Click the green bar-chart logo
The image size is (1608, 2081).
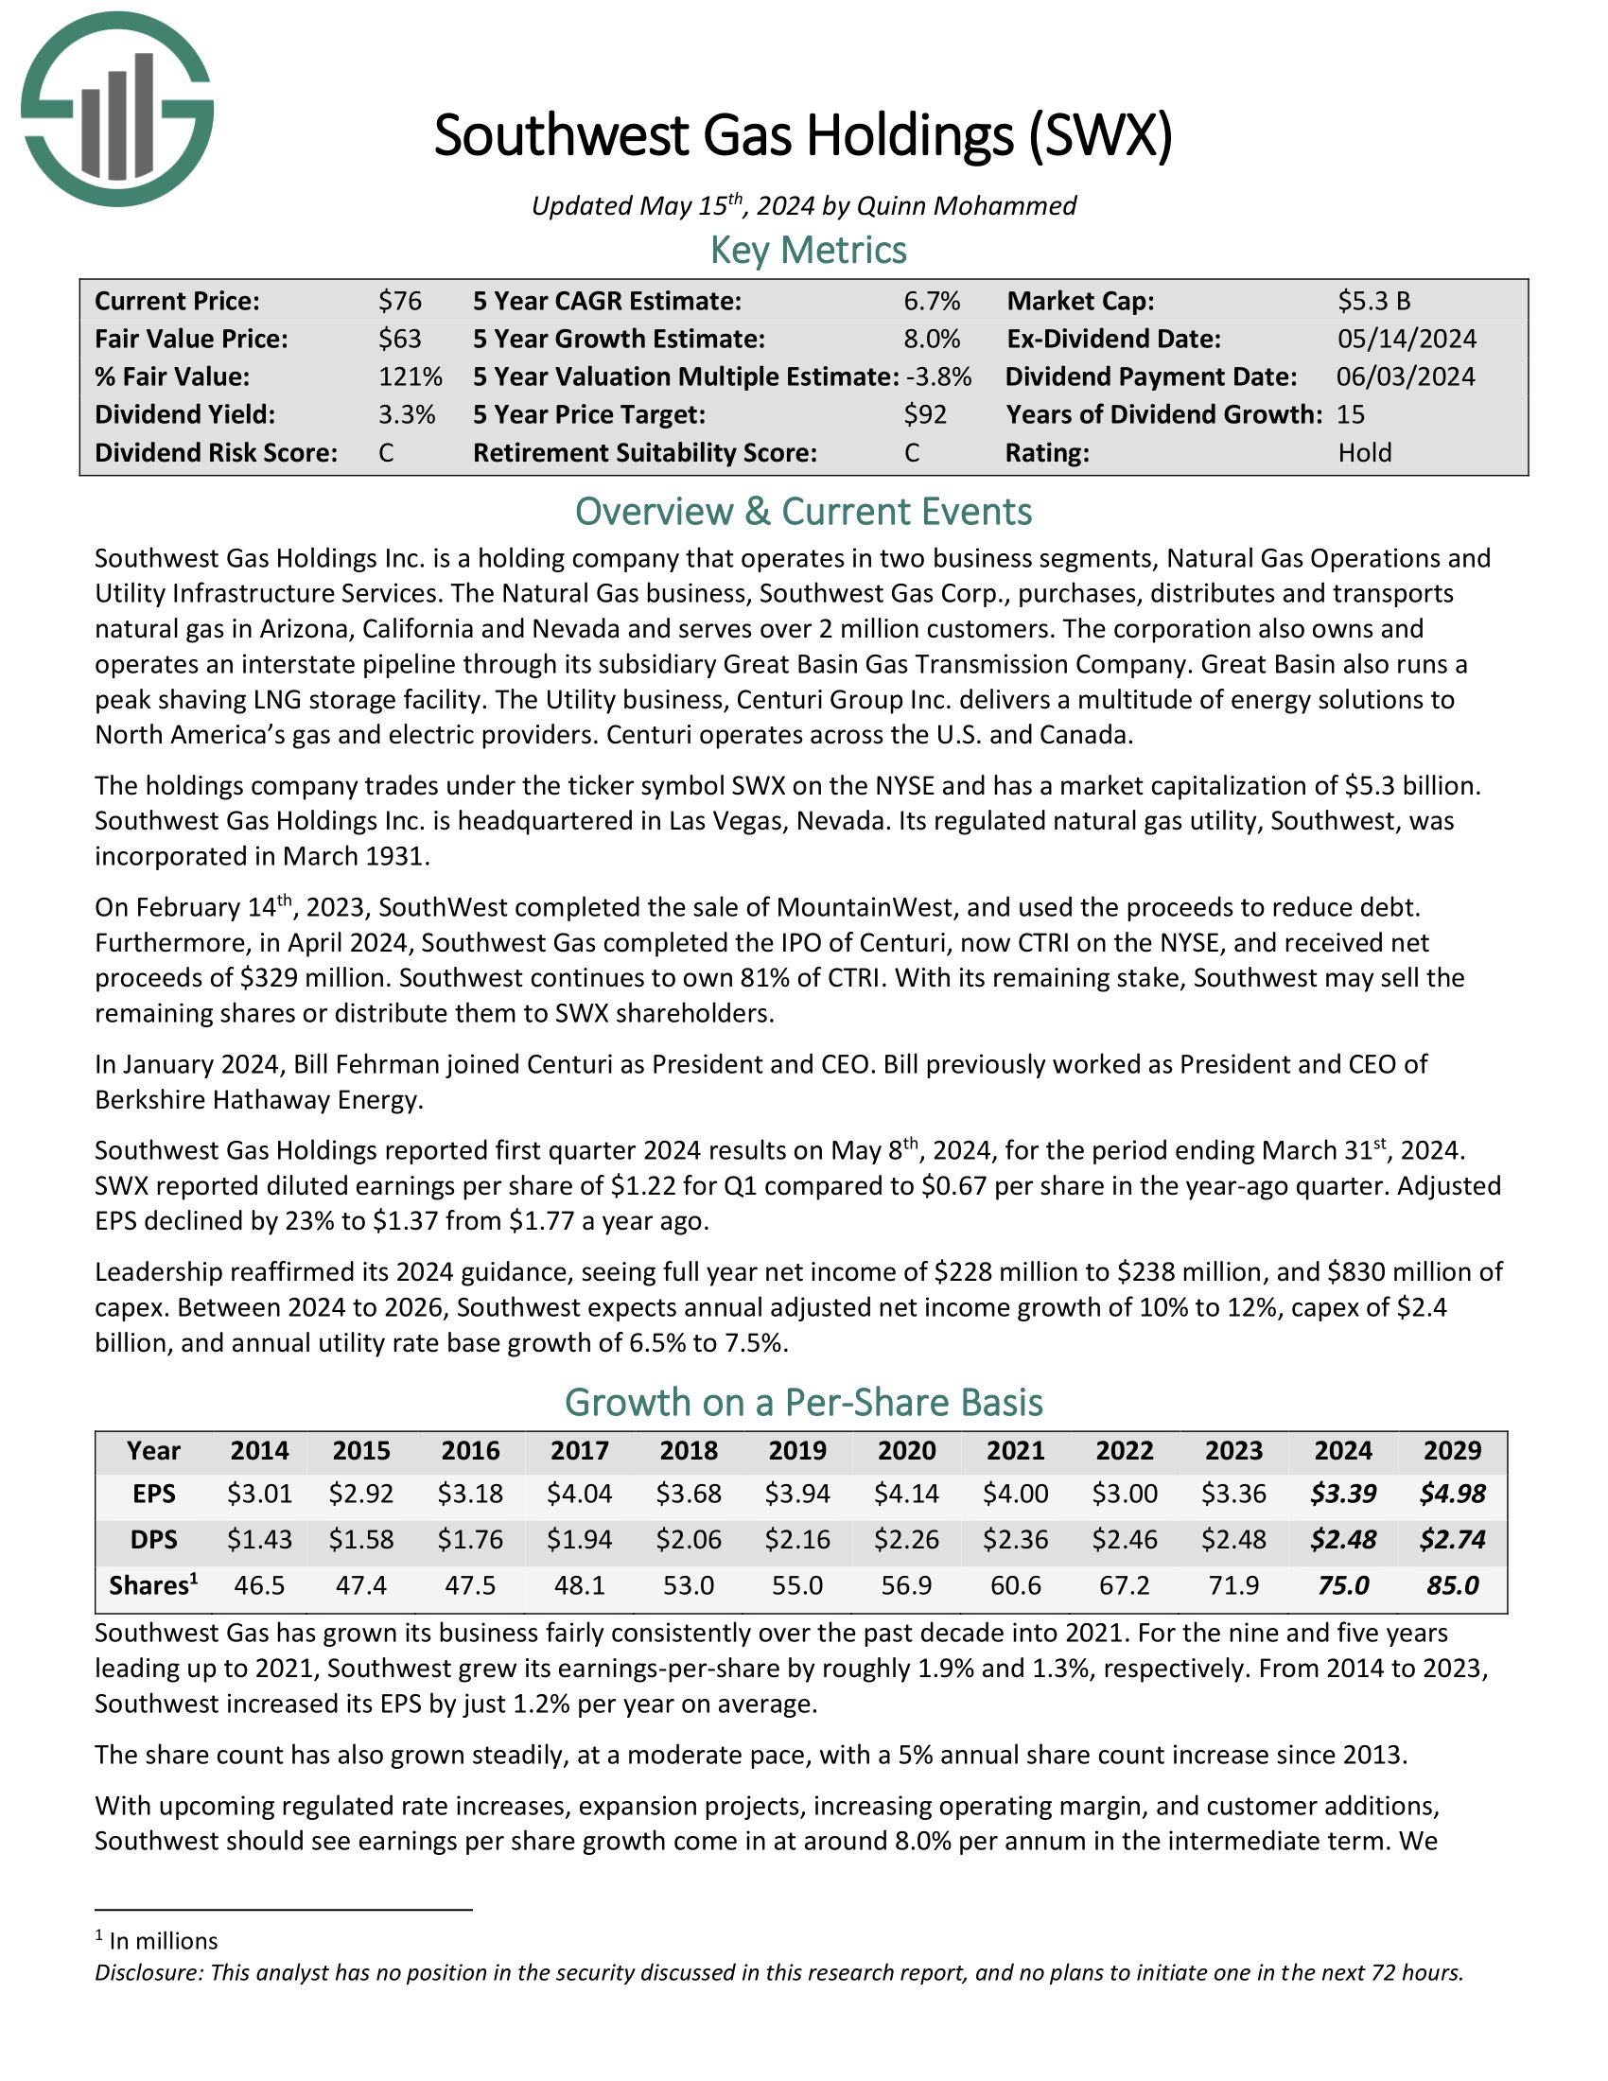(x=117, y=109)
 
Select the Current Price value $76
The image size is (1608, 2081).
(x=399, y=301)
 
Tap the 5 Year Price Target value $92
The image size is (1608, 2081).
(x=925, y=414)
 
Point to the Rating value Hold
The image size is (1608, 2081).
(x=1364, y=452)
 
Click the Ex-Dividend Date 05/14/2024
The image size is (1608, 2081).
(x=1406, y=340)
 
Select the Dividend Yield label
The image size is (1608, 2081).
(x=184, y=414)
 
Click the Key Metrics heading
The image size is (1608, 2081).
(x=808, y=250)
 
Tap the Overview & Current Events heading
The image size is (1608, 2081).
(x=803, y=512)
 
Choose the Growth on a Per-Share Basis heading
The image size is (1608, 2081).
(x=803, y=1403)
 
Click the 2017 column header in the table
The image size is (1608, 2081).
(x=579, y=1450)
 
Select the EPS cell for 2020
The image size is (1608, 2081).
(x=906, y=1493)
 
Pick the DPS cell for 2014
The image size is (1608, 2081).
(x=259, y=1539)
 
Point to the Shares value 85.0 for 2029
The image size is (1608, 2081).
(x=1452, y=1585)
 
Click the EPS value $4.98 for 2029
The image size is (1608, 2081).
(x=1452, y=1493)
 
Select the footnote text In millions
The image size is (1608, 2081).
(x=163, y=1941)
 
